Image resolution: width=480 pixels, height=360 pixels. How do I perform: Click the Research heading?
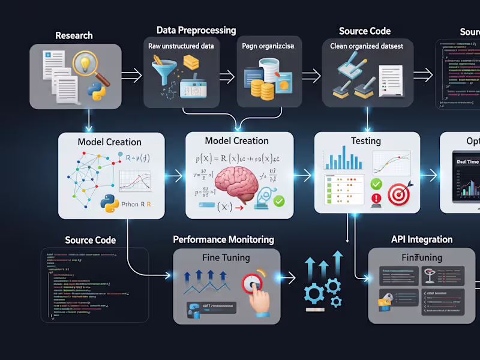74,35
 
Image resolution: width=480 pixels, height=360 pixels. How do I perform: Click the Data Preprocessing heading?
196,30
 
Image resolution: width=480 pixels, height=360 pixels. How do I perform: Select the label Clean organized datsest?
366,46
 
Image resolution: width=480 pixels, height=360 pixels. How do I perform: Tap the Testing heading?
365,141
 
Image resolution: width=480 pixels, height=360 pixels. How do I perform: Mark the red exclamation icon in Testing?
377,199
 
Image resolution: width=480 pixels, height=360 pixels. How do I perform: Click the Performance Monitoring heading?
223,239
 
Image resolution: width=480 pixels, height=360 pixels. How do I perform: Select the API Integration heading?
422,239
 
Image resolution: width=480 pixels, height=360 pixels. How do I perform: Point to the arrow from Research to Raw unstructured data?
132,75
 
